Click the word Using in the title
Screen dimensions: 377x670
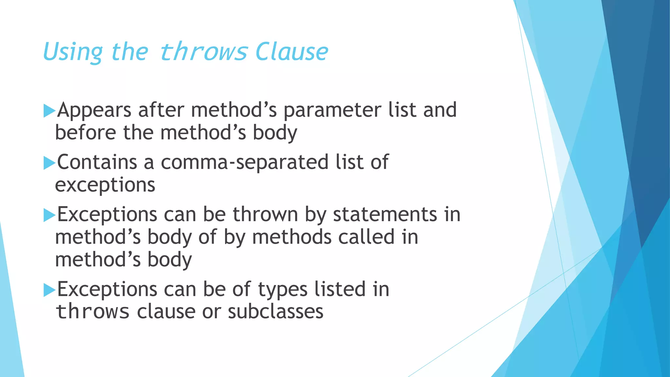73,52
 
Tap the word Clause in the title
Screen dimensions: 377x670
291,52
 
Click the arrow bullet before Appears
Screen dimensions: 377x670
49,111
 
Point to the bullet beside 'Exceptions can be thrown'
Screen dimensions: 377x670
49,215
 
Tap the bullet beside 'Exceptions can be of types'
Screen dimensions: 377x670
49,290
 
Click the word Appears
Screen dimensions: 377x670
94,110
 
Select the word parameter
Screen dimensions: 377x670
332,110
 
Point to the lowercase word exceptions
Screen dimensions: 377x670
105,185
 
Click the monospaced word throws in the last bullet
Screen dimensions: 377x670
93,312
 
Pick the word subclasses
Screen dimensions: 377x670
275,312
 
